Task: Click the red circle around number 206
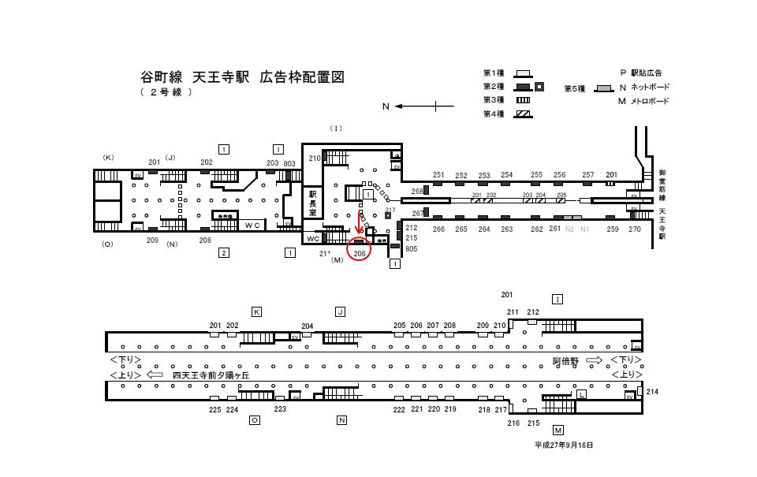tap(359, 253)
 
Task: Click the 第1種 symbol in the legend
tap(524, 73)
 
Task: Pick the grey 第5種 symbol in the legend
tap(604, 88)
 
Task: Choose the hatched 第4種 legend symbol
tap(524, 114)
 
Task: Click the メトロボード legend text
tap(650, 101)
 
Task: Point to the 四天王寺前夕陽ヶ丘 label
tap(211, 375)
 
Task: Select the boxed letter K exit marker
tap(256, 311)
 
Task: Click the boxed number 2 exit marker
tap(224, 252)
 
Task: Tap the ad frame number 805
tap(411, 249)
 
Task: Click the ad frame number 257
tap(587, 175)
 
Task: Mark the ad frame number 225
tap(214, 410)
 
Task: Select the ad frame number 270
tap(635, 229)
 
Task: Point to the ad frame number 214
tap(651, 392)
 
